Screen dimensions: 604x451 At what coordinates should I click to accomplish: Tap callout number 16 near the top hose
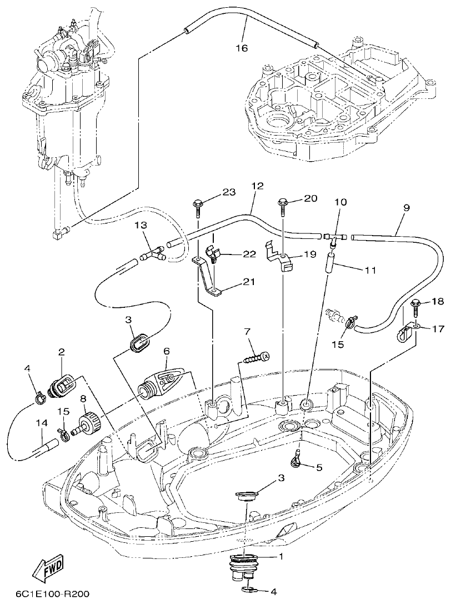[241, 48]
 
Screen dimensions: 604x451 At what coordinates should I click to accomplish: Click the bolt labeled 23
[199, 206]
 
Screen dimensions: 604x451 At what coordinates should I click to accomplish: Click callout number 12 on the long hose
[256, 188]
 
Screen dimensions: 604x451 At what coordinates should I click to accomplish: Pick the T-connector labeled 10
[335, 237]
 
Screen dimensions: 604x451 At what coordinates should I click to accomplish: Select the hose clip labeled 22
[213, 253]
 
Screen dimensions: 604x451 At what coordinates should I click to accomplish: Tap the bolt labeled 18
[415, 305]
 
